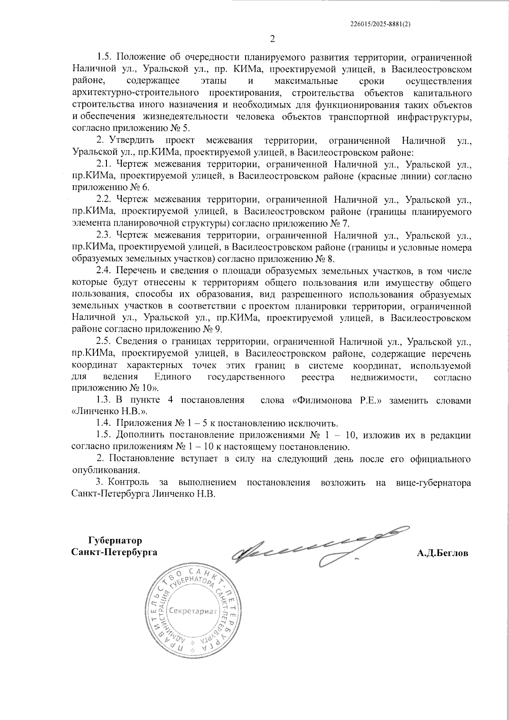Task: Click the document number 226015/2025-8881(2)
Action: (381, 24)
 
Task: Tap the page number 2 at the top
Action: (272, 39)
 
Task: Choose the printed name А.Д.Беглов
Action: (442, 553)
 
